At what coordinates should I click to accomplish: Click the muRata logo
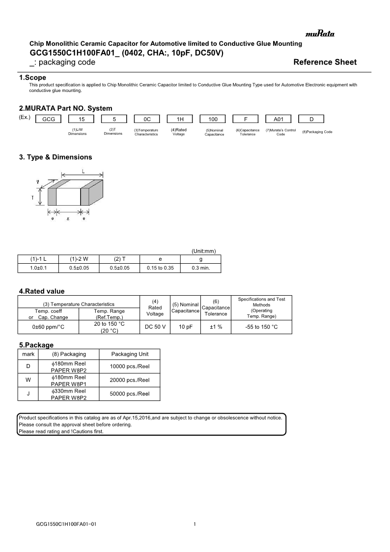click(320, 34)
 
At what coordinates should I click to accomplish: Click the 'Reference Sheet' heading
click(325, 62)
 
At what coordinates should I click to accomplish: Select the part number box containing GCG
click(48, 119)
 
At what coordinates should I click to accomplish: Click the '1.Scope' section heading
click(32, 78)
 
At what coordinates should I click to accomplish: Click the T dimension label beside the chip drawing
click(33, 198)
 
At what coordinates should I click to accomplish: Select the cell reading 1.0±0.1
click(38, 268)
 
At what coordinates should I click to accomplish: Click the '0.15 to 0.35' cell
click(160, 268)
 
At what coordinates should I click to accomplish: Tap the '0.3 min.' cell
click(200, 268)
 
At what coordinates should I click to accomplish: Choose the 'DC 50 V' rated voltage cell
click(155, 327)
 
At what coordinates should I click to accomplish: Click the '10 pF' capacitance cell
click(185, 327)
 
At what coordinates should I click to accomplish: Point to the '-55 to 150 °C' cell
click(261, 327)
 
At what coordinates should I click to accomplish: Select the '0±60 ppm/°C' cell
click(48, 327)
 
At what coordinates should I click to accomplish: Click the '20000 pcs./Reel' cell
click(130, 380)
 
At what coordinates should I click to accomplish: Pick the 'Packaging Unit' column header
click(130, 354)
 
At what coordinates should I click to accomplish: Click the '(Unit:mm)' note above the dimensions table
click(203, 251)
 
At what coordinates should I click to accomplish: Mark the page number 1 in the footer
click(195, 524)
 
